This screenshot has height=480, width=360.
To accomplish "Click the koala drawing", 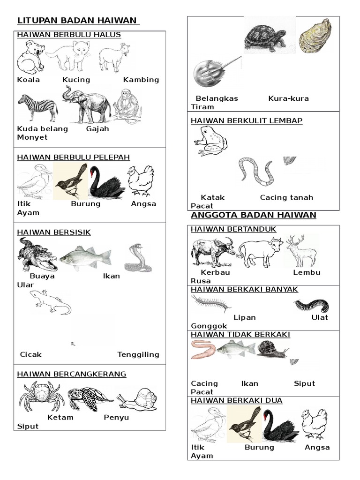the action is click(x=30, y=57).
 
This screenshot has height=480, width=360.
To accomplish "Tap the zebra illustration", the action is click(x=37, y=107).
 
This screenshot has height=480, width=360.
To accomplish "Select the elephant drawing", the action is click(x=87, y=105).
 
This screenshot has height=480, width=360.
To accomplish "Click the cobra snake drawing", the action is click(x=138, y=258).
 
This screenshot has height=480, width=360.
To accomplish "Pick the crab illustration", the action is click(x=42, y=396).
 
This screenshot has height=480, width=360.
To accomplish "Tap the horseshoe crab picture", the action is click(x=214, y=73).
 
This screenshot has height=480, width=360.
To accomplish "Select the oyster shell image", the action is click(x=315, y=36).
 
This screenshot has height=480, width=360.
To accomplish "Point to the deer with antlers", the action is click(x=301, y=251).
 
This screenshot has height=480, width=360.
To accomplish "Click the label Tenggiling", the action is click(x=138, y=354).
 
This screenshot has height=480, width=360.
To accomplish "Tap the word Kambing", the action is click(x=141, y=80).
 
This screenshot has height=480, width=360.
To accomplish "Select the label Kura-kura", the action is click(x=288, y=98).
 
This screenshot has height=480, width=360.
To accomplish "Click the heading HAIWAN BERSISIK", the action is click(x=54, y=232).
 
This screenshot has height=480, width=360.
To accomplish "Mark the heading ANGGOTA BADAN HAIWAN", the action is click(x=254, y=215).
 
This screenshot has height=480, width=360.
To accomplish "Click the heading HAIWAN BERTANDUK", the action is click(x=233, y=229).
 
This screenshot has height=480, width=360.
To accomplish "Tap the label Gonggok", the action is click(x=209, y=326).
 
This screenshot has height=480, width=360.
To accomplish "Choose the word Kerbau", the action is click(x=215, y=272).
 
